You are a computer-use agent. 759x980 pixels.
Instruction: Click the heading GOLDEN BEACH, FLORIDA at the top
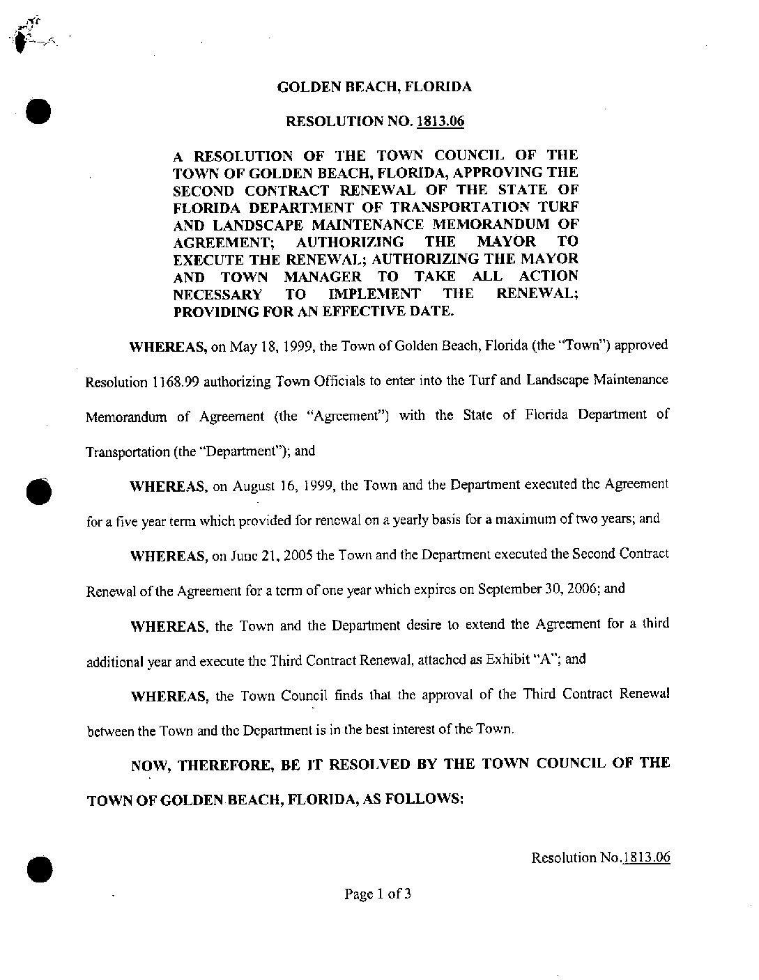[x=374, y=87]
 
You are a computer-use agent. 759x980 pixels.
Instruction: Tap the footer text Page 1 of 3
[x=378, y=893]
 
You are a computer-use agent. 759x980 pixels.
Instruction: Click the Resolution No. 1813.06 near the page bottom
[x=600, y=857]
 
